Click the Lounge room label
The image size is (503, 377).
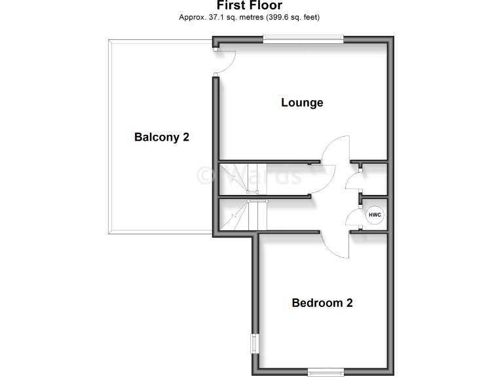click(302, 103)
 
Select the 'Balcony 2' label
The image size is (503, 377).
click(162, 137)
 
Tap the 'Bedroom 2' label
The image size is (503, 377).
click(322, 303)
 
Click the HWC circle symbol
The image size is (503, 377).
click(375, 215)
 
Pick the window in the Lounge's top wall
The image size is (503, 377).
click(303, 39)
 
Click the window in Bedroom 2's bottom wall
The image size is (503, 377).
click(326, 372)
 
